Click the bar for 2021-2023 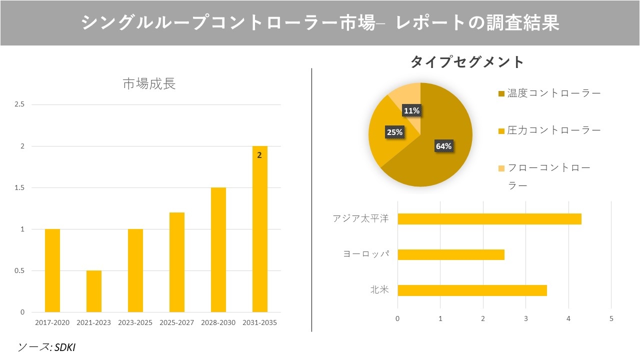tap(94, 291)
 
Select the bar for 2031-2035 tap(259, 229)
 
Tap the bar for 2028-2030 tap(218, 250)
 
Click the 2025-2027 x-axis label tap(176, 322)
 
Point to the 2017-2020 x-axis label tap(52, 322)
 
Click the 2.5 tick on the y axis tap(20, 104)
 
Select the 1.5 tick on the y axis tap(20, 188)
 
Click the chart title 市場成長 tap(149, 84)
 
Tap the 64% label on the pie tap(443, 146)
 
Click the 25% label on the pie tap(394, 132)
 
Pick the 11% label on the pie tap(411, 111)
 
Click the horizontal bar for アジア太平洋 tap(489, 219)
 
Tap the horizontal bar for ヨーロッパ tap(450, 254)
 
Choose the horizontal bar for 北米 tap(472, 290)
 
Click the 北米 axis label tap(379, 290)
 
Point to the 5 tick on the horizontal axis tap(611, 318)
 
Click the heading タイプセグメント tap(467, 62)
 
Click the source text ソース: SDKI tap(46, 347)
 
